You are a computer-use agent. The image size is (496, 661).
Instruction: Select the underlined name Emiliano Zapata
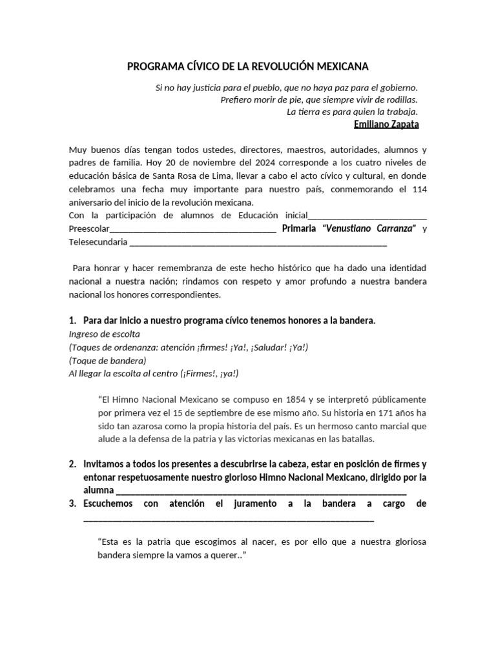click(x=387, y=124)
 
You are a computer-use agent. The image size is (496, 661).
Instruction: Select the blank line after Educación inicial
click(x=367, y=216)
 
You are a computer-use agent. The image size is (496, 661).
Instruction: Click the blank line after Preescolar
click(x=194, y=229)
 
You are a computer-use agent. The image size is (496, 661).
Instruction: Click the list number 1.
click(x=72, y=321)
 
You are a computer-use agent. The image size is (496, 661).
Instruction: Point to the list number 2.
click(x=72, y=464)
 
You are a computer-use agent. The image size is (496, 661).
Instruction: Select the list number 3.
click(x=72, y=503)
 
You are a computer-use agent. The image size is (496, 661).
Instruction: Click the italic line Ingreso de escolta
click(x=104, y=334)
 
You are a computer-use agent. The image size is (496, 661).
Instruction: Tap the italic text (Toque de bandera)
click(x=108, y=360)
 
